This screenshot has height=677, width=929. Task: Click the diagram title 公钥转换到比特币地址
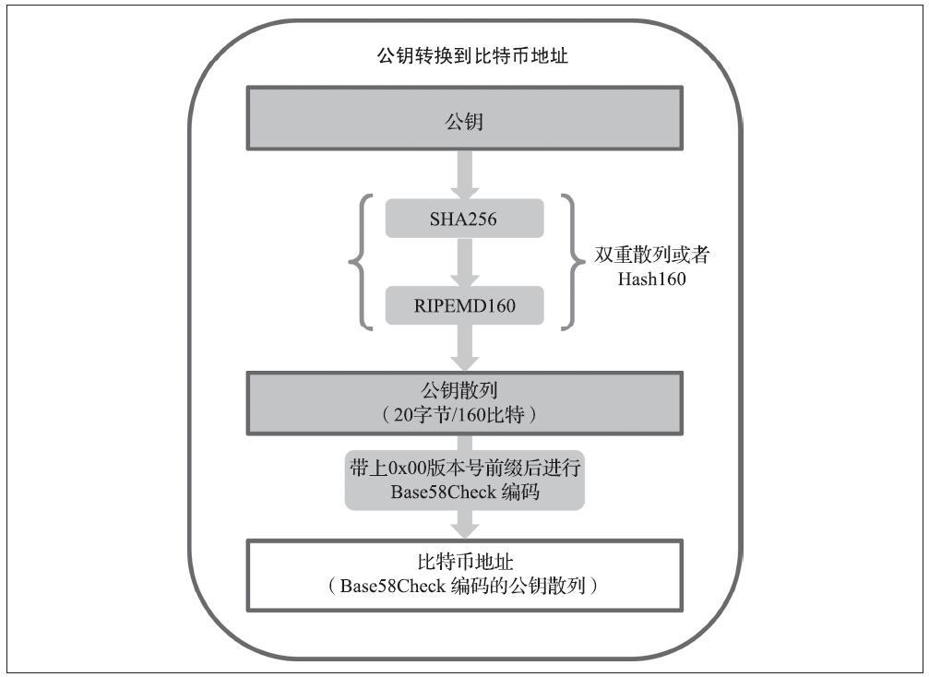pyautogui.click(x=472, y=55)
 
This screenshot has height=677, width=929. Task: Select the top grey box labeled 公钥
pyautogui.click(x=465, y=118)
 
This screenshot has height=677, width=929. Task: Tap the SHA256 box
pyautogui.click(x=465, y=219)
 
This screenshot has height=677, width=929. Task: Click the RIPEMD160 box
pyautogui.click(x=465, y=305)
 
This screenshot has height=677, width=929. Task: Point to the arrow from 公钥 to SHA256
pyautogui.click(x=465, y=174)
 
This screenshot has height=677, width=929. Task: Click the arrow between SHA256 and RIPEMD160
pyautogui.click(x=465, y=262)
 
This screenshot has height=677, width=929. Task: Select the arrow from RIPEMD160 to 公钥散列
pyautogui.click(x=465, y=349)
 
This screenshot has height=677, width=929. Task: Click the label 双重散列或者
pyautogui.click(x=651, y=255)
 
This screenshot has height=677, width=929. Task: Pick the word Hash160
pyautogui.click(x=651, y=279)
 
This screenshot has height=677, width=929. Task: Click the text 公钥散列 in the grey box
pyautogui.click(x=459, y=390)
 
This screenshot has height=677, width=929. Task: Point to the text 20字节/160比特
pyautogui.click(x=459, y=415)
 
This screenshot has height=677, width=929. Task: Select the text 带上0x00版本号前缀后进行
pyautogui.click(x=465, y=468)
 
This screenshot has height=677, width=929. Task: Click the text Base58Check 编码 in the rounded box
pyautogui.click(x=465, y=493)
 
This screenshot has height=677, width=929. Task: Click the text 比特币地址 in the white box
pyautogui.click(x=465, y=562)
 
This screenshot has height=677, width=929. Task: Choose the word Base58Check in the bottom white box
pyautogui.click(x=392, y=586)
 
